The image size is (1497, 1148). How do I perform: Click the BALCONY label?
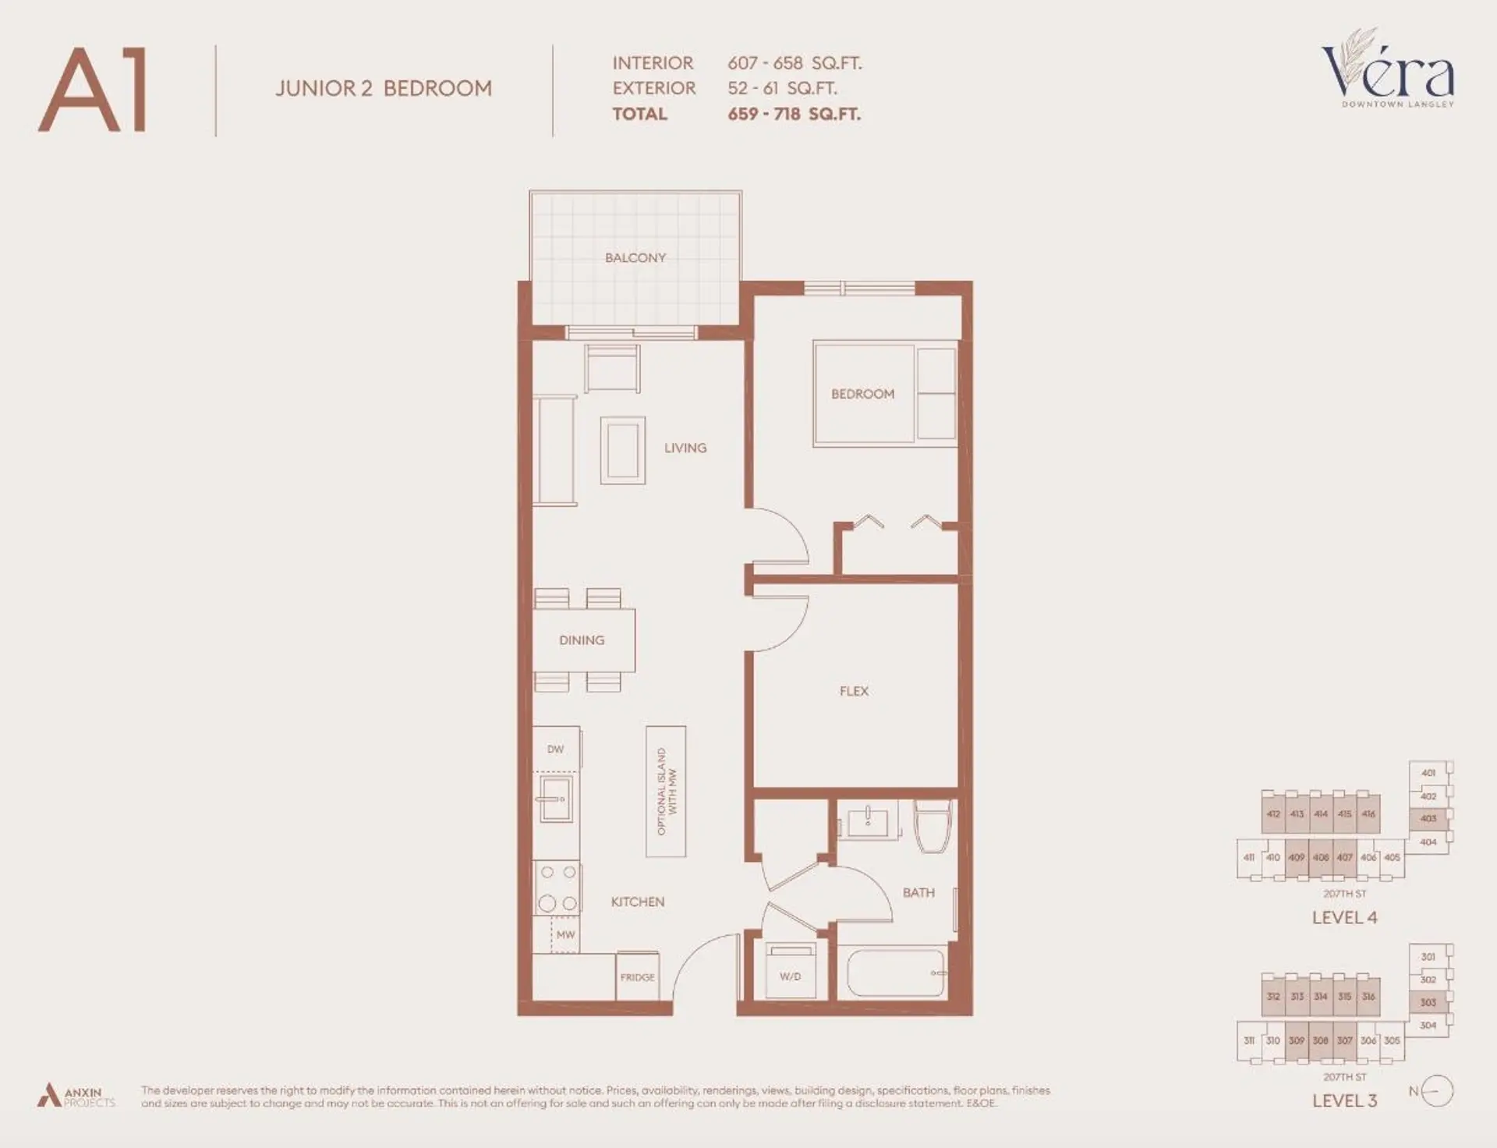click(635, 257)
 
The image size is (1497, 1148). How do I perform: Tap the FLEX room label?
click(854, 691)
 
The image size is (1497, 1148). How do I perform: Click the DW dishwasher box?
click(555, 749)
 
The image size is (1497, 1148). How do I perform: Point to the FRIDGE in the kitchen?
click(637, 976)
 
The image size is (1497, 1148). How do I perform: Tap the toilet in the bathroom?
click(932, 826)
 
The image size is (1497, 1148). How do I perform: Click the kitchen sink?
click(555, 799)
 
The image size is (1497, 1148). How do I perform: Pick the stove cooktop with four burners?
click(557, 888)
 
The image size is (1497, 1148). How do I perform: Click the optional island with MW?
click(666, 792)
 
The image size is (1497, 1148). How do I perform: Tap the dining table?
click(583, 640)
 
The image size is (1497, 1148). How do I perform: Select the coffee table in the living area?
click(622, 451)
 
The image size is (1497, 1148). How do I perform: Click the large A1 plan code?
click(94, 90)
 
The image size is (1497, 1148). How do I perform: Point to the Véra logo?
click(1388, 70)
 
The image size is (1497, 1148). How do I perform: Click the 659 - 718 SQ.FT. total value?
click(794, 114)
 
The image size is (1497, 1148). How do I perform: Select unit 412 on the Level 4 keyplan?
click(1272, 814)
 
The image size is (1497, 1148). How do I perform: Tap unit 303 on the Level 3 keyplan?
click(1428, 1002)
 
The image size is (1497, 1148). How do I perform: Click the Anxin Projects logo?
click(76, 1096)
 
